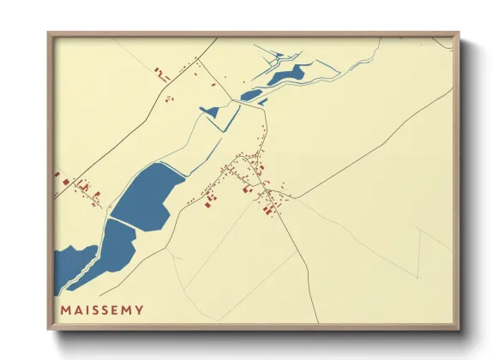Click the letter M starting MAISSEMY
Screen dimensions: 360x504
(65, 309)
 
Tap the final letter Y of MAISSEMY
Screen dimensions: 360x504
(139, 309)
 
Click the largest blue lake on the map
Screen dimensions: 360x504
(147, 197)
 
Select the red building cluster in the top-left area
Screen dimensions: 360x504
(161, 74)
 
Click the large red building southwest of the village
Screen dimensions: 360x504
(209, 202)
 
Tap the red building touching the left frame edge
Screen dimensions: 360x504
(58, 176)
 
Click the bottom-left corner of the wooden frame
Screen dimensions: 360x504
(50, 327)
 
